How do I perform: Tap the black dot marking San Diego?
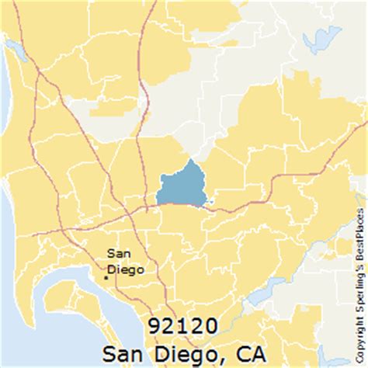tap(106, 276)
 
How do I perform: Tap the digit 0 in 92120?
tap(212, 324)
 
